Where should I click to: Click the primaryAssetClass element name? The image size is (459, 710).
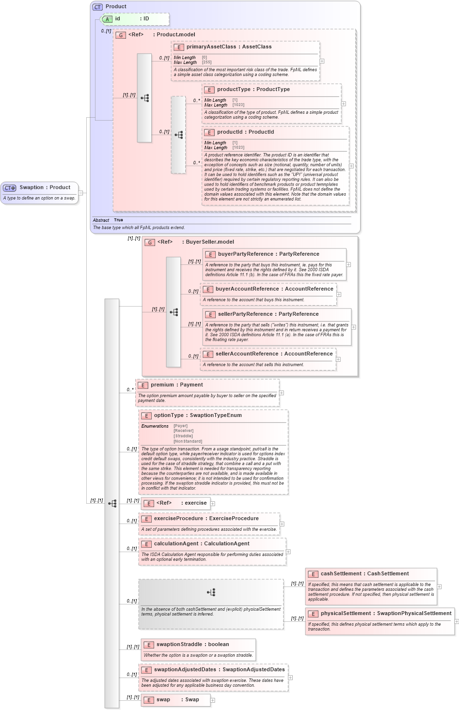[x=211, y=47]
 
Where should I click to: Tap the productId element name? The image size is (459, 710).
[x=230, y=132]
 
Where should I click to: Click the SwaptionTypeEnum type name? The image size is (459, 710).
[x=215, y=416]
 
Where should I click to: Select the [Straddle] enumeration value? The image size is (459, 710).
[x=183, y=436]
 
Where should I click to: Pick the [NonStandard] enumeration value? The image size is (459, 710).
[x=188, y=441]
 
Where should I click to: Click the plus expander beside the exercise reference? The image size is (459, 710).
[x=212, y=504]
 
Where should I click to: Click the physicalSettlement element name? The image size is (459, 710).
[x=346, y=614]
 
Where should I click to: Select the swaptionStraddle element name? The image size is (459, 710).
[x=179, y=645]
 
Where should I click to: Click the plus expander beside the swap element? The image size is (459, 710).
[x=212, y=700]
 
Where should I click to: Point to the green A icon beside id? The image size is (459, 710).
[x=108, y=19]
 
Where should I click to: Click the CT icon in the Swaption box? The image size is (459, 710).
[x=10, y=188]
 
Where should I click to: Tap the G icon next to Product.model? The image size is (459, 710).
[x=121, y=35]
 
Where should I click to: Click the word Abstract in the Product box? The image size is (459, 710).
[x=101, y=220]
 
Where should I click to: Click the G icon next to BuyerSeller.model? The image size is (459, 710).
[x=150, y=243]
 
